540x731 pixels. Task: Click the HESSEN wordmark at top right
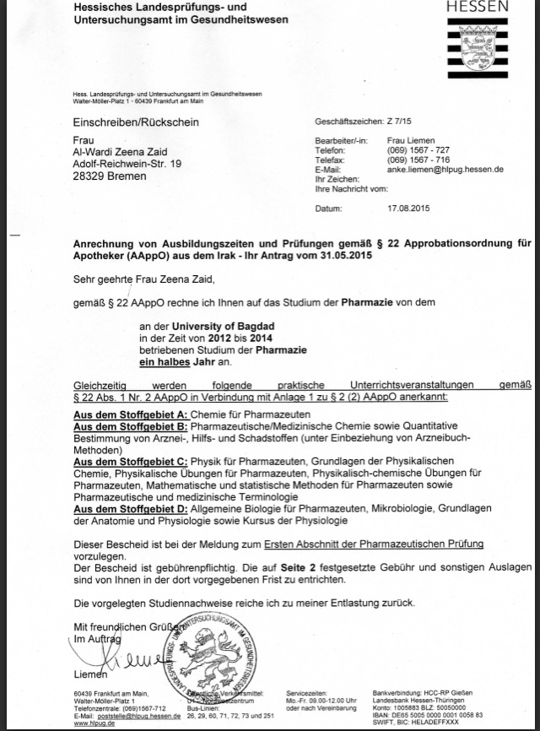pyautogui.click(x=478, y=7)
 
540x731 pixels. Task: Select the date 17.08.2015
pyautogui.click(x=408, y=208)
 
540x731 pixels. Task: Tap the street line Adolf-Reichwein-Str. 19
pyautogui.click(x=127, y=164)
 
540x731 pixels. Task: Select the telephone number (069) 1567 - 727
pyautogui.click(x=418, y=149)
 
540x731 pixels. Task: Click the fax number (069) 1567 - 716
pyautogui.click(x=418, y=160)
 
